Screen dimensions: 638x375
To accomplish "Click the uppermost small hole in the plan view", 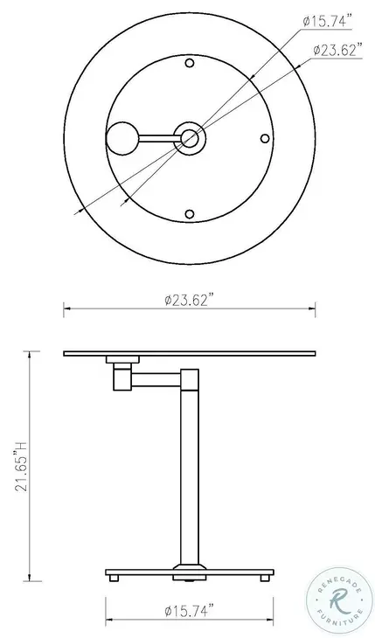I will pyautogui.click(x=190, y=62).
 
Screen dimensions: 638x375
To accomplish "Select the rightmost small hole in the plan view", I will pyautogui.click(x=265, y=137).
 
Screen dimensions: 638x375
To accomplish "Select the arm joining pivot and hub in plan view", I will pyautogui.click(x=157, y=137).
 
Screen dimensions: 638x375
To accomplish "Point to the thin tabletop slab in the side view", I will pyautogui.click(x=190, y=354).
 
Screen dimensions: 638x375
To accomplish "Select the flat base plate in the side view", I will pyautogui.click(x=190, y=571).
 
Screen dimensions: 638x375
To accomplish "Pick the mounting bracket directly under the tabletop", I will pyautogui.click(x=122, y=360).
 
